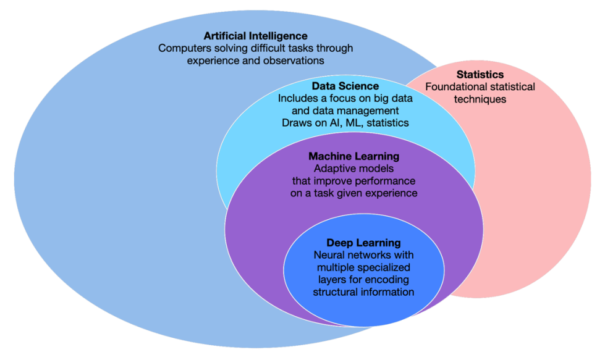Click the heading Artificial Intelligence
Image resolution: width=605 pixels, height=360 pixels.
point(256,36)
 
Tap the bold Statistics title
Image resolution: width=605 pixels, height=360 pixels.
point(480,75)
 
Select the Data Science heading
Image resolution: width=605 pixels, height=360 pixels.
point(345,86)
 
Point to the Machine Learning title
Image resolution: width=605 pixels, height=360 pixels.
point(353,156)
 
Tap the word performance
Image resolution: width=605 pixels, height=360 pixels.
point(385,181)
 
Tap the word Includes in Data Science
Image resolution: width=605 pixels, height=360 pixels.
point(297,98)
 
